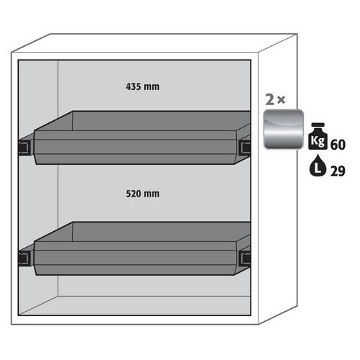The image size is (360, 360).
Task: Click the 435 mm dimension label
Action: point(143,86)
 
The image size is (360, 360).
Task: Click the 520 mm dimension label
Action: point(143,194)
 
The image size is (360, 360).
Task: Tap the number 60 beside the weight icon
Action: point(338,145)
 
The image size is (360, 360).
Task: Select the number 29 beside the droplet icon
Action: point(338,171)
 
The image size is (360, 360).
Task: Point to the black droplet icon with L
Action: point(318,166)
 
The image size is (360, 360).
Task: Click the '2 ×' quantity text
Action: point(275,99)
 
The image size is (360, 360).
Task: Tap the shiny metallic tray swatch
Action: point(284,129)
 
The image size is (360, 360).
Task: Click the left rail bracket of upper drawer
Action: point(24,146)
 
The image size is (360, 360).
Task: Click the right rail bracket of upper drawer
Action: point(246,146)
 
